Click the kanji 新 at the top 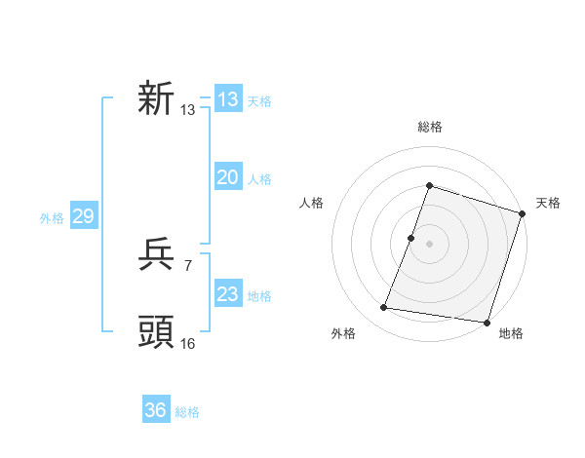[x=156, y=98]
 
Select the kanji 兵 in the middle [x=156, y=256]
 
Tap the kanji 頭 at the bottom [x=156, y=332]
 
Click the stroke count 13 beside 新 [x=188, y=111]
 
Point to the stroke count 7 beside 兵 [x=187, y=266]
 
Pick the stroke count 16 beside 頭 [x=188, y=343]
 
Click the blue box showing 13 [x=227, y=99]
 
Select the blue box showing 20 [x=227, y=177]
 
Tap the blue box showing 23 [x=227, y=294]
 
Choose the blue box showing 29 [x=83, y=216]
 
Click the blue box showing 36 [x=155, y=410]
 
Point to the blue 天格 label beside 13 [x=259, y=101]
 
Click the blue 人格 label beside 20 [x=259, y=179]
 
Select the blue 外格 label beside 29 [x=52, y=218]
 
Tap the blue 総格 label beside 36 [x=187, y=412]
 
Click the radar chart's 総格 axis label [x=429, y=127]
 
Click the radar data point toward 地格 [x=487, y=323]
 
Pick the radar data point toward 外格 [x=384, y=308]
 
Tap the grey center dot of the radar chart [x=429, y=244]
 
